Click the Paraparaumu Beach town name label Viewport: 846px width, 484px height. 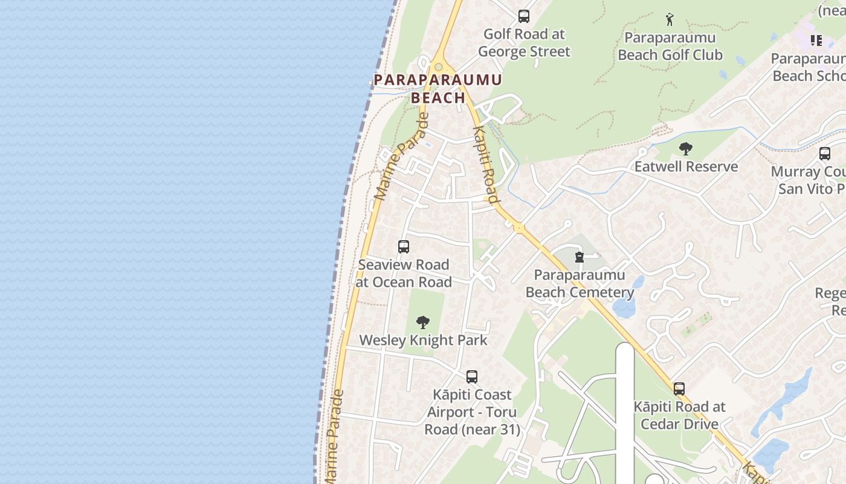(438, 88)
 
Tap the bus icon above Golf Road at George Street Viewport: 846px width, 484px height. (524, 16)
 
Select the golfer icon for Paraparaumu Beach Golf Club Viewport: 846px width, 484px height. (670, 19)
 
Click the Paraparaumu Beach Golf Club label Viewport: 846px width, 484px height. (670, 46)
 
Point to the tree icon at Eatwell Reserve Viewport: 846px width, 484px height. (685, 148)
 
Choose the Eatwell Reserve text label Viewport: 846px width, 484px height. (686, 166)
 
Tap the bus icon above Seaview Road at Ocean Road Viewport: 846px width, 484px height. (404, 247)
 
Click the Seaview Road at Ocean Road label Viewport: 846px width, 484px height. (404, 273)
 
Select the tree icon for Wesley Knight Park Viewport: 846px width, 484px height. (423, 322)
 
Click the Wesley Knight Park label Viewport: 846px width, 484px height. (423, 340)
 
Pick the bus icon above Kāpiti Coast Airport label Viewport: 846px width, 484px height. (472, 376)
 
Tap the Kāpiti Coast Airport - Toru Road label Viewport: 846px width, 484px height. (472, 412)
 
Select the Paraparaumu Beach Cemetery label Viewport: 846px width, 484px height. (580, 284)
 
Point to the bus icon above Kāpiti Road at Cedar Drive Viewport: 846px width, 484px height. (679, 388)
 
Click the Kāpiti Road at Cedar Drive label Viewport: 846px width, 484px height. (679, 415)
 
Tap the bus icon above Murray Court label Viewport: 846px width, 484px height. (825, 154)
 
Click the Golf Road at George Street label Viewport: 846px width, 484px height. (524, 42)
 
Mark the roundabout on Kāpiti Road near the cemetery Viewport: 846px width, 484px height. (518, 228)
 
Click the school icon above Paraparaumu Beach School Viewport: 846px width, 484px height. (816, 41)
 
